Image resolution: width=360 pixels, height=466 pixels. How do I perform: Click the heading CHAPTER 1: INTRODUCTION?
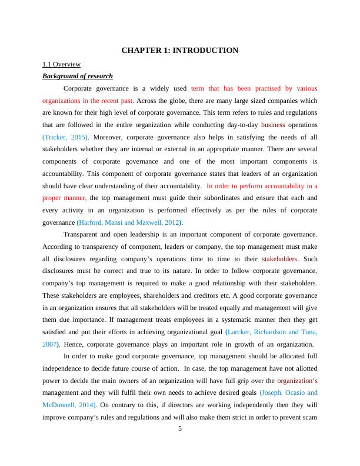[180, 51]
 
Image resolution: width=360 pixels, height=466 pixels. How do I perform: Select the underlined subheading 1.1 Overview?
[61, 64]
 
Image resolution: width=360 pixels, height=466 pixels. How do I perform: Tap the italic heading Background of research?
[78, 76]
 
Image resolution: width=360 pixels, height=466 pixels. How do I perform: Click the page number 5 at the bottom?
[180, 428]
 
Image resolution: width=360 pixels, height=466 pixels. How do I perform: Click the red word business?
[273, 125]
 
